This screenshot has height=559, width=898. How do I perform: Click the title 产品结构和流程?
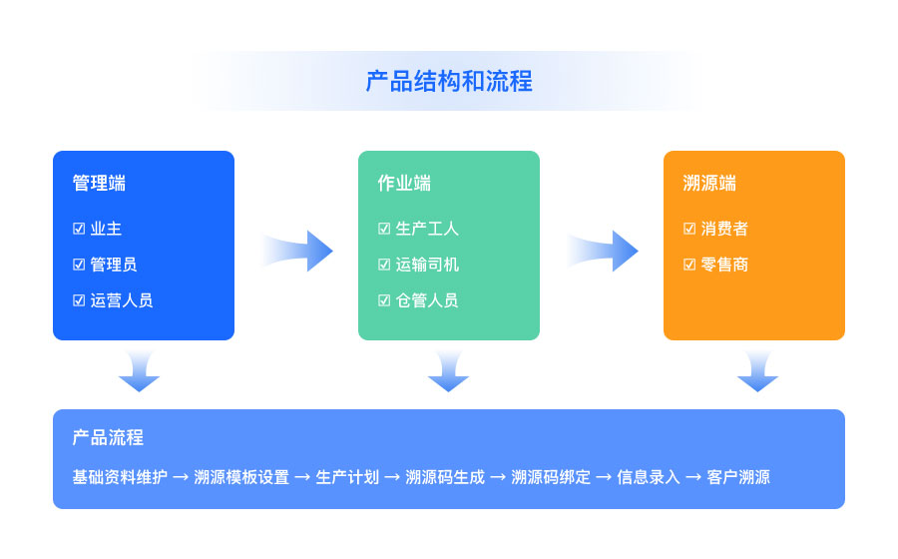449,81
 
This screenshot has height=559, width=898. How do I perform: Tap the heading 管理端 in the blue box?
99,184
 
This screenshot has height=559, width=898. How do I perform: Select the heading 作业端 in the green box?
404,184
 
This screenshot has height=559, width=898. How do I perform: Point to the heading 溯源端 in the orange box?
709,184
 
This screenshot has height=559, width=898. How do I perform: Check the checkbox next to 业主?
79,229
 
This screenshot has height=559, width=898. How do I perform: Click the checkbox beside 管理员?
79,265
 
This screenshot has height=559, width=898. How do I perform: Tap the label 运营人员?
122,300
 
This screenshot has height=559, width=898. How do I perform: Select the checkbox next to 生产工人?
384,229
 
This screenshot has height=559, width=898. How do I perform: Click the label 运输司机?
427,265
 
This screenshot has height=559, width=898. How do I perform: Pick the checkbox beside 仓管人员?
384,300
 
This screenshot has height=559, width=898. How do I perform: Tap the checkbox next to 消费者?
689,229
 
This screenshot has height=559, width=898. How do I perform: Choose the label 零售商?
724,265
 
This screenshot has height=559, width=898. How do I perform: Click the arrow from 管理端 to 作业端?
297,251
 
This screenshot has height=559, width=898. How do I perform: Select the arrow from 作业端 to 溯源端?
603,251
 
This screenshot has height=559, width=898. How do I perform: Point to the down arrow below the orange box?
757,371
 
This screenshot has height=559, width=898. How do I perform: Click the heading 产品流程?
108,437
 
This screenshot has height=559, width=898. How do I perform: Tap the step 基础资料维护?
120,477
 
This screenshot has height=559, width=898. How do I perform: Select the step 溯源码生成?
445,477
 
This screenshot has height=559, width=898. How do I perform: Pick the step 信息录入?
649,477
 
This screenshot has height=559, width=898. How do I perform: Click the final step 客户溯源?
738,477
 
